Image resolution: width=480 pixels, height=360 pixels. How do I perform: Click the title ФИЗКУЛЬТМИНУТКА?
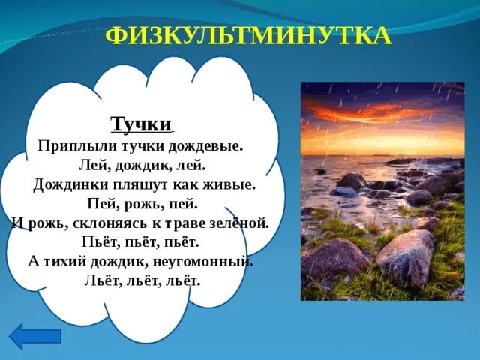[x=248, y=36]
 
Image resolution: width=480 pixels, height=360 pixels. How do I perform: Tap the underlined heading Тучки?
[x=142, y=124]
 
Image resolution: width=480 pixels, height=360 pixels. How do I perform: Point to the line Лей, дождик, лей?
[x=142, y=164]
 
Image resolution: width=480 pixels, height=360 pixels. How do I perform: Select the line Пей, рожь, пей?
[x=142, y=203]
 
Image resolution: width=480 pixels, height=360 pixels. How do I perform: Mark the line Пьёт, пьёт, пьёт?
[x=142, y=242]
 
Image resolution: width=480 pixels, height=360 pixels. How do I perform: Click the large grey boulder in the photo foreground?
[x=406, y=256]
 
